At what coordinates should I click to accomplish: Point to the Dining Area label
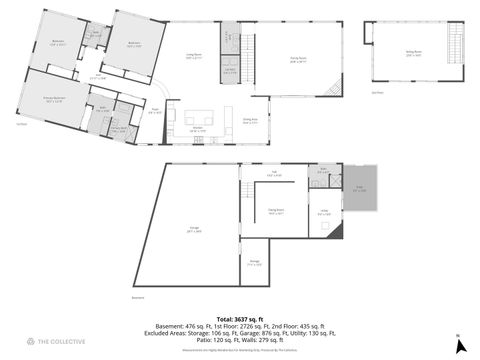pyautogui.click(x=251, y=121)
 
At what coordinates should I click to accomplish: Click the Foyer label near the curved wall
pyautogui.click(x=156, y=111)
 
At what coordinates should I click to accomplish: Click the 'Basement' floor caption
pyautogui.click(x=138, y=297)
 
